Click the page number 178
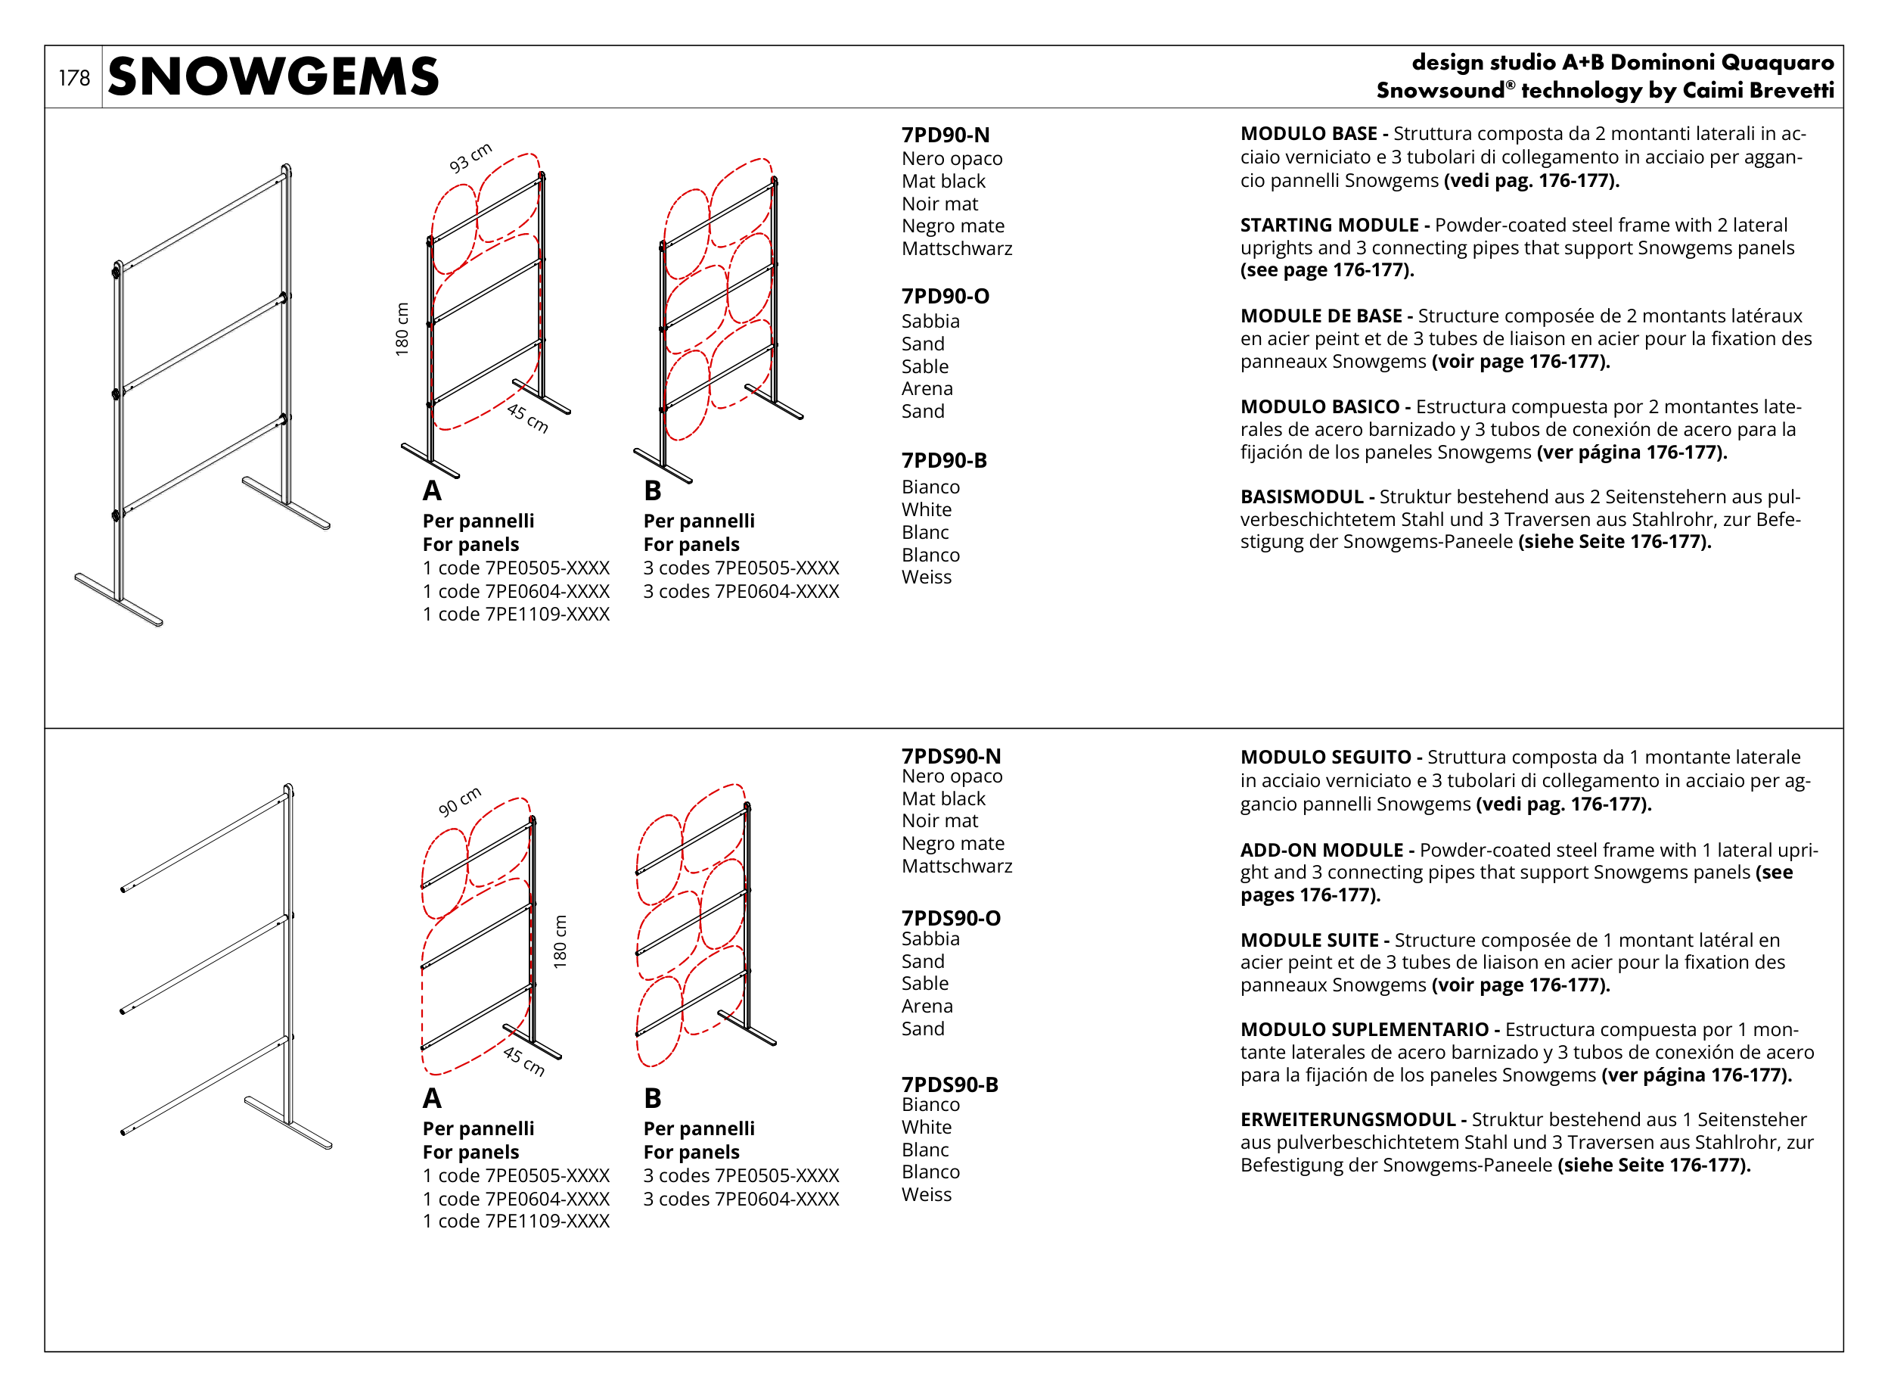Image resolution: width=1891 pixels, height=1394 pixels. click(73, 78)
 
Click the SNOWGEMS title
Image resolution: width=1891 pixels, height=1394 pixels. click(273, 76)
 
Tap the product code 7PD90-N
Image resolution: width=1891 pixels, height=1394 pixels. click(945, 135)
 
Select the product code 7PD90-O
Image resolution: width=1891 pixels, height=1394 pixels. click(945, 296)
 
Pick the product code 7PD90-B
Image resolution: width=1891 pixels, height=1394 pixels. click(943, 460)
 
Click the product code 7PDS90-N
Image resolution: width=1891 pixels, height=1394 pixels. click(951, 756)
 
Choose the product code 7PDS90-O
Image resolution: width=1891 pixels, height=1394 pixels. click(951, 918)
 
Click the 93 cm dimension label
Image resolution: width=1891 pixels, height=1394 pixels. click(470, 158)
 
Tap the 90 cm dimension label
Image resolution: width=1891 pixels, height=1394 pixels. click(459, 801)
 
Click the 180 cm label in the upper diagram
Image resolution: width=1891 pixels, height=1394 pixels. click(402, 329)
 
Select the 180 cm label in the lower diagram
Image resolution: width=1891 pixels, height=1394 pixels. click(560, 941)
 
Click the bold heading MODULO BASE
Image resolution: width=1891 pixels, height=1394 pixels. click(1307, 133)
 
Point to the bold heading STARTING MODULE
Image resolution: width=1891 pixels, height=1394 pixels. click(1328, 226)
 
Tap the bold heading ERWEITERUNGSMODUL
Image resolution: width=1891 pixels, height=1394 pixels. click(1347, 1120)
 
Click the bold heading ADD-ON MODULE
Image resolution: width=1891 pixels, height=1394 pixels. click(1321, 850)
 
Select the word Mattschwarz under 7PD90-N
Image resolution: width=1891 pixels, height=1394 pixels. click(956, 249)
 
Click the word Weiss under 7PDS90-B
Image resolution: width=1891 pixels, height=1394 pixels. click(926, 1195)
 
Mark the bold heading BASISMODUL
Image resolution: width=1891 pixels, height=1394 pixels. click(1300, 497)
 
